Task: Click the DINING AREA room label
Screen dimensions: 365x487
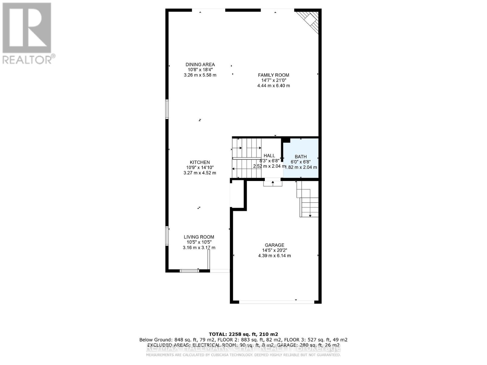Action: click(200, 64)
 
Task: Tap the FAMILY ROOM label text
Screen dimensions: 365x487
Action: click(273, 75)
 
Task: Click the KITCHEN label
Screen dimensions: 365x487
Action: click(200, 162)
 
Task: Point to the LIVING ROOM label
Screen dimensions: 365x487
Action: click(199, 237)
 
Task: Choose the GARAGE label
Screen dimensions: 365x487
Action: click(274, 245)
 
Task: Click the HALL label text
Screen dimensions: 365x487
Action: click(269, 156)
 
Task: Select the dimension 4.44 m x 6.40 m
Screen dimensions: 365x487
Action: click(273, 86)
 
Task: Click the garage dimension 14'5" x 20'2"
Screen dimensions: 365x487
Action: click(274, 250)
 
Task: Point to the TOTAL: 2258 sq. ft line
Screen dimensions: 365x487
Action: click(243, 334)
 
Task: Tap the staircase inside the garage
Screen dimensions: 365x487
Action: click(308, 199)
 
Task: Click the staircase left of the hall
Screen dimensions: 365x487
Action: click(247, 158)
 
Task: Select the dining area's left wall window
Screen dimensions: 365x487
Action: click(167, 109)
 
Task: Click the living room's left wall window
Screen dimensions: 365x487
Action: click(167, 235)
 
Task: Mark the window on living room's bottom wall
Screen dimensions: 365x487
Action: click(189, 271)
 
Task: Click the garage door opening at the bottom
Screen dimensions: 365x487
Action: click(276, 302)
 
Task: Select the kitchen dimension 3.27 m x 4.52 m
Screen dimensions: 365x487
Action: click(200, 173)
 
